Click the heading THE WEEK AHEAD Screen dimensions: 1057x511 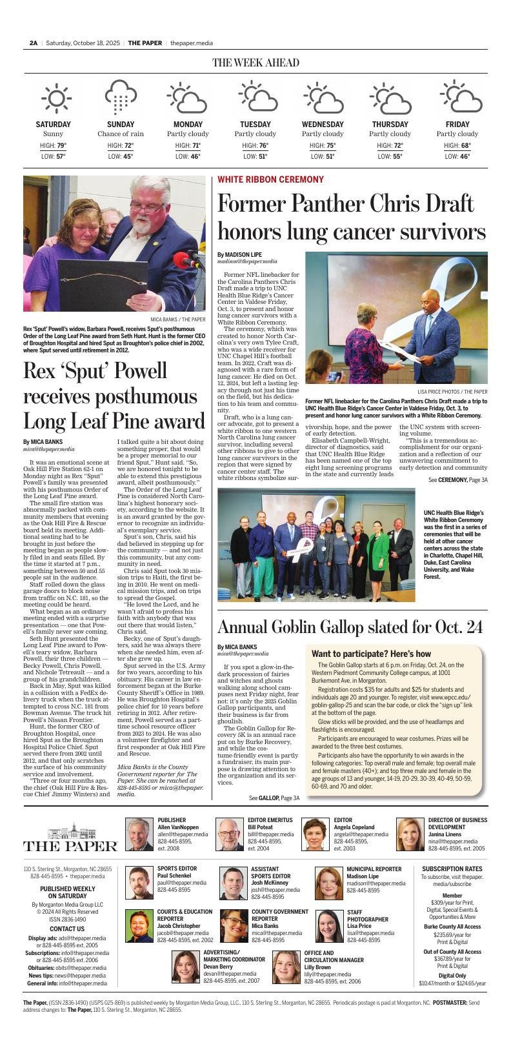click(x=255, y=63)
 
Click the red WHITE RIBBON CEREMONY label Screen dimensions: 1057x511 click(x=270, y=179)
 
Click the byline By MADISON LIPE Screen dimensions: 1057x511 click(x=239, y=255)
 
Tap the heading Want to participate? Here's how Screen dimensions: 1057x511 click(x=371, y=654)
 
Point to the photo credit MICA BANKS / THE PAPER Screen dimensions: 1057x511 click(x=178, y=319)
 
